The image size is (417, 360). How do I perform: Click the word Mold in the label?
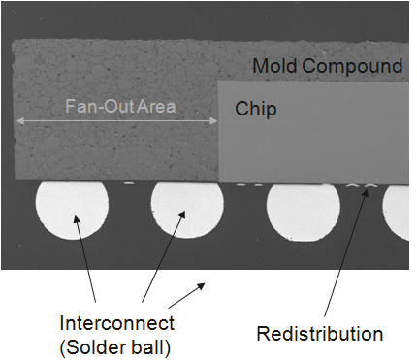(274, 66)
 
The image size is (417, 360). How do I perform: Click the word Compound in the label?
(352, 66)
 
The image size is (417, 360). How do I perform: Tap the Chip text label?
(256, 109)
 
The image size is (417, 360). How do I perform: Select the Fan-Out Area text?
(120, 106)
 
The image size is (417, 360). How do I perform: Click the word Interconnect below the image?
(117, 323)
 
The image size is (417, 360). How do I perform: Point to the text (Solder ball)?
(115, 347)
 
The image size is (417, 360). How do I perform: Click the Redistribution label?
(320, 334)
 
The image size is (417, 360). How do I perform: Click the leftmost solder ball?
(72, 211)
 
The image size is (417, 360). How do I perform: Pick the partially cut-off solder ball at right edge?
(396, 213)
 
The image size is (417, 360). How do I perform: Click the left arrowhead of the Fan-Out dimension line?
(19, 121)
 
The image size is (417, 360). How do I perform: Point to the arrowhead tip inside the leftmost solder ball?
(75, 215)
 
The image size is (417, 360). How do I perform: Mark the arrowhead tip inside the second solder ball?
(185, 211)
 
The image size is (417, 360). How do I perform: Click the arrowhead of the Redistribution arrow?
(368, 190)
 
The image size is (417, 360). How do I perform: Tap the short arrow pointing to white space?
(186, 295)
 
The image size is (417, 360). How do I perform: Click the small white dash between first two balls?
(129, 183)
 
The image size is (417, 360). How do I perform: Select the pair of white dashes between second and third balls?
(250, 185)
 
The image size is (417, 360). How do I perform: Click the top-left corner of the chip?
(218, 81)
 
